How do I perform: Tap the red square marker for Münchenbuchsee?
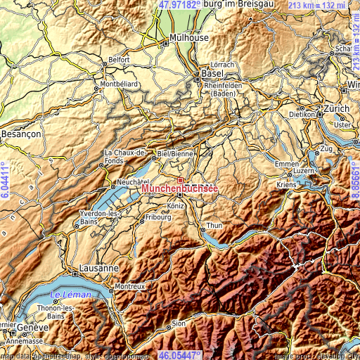[x=180, y=180]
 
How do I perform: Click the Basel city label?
[x=212, y=73]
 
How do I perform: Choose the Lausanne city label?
[x=96, y=269]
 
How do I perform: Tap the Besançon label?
[x=22, y=132]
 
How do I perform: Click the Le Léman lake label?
[x=71, y=295]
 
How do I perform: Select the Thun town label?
[x=213, y=226]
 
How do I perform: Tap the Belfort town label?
[x=120, y=60]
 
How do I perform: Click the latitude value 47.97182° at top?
[x=179, y=4]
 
